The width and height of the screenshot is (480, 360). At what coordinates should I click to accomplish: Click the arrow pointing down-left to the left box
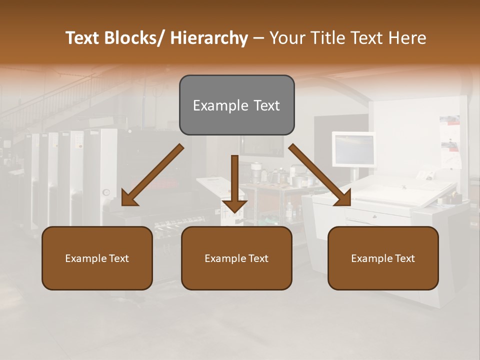click(x=152, y=175)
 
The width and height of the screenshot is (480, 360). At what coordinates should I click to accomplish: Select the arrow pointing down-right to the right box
click(x=319, y=175)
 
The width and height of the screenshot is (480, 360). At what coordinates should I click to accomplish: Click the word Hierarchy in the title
click(x=209, y=38)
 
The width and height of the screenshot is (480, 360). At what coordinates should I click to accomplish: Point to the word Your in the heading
click(x=287, y=38)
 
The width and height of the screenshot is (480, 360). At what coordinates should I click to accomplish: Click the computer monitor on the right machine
click(x=354, y=149)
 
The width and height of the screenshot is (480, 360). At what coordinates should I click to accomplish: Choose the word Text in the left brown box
click(x=118, y=258)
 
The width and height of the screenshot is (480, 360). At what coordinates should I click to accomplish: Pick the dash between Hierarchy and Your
click(x=258, y=38)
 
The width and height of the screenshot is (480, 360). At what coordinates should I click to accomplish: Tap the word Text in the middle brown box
click(x=258, y=258)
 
